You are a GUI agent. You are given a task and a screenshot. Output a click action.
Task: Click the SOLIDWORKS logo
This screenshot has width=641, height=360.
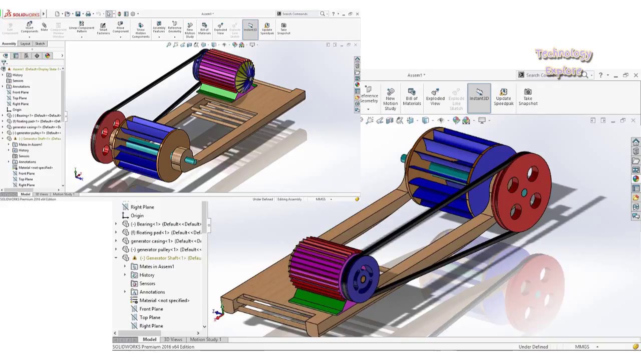point(22,14)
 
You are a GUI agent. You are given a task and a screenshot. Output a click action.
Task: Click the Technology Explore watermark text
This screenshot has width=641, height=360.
point(564,61)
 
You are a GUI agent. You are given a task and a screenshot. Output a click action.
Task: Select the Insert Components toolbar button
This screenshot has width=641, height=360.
point(30,28)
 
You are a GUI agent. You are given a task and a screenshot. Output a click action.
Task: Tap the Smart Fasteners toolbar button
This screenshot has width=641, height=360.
point(103,28)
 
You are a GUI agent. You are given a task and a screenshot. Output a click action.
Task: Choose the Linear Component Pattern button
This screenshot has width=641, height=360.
point(82,28)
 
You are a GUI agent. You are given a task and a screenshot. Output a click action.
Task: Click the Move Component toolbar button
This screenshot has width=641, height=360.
point(120,28)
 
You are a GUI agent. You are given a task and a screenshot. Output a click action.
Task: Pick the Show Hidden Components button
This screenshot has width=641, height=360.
point(141,29)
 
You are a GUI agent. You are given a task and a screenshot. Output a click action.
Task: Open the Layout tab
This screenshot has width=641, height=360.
point(25,43)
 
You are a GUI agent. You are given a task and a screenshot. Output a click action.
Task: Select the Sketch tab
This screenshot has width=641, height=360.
point(40,43)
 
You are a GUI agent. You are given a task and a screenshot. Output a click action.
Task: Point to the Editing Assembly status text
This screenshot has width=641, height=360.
point(289,199)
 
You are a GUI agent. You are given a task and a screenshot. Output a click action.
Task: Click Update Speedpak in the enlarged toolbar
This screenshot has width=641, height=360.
point(503,96)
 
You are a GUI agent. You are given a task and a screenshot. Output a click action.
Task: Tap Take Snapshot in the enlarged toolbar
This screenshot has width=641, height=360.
point(528,96)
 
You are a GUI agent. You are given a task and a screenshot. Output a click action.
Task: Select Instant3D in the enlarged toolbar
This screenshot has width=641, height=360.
point(479,95)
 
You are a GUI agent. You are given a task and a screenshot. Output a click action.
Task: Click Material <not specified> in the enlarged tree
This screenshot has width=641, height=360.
point(164,300)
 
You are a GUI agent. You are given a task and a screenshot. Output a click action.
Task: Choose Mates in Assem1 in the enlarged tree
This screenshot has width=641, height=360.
point(156,266)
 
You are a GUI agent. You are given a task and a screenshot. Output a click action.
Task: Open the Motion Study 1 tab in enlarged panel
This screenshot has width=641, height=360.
point(205,339)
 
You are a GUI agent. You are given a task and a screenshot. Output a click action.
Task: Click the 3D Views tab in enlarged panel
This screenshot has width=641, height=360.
point(173,339)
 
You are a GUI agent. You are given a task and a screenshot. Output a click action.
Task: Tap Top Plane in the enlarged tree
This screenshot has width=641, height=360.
point(150,317)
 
